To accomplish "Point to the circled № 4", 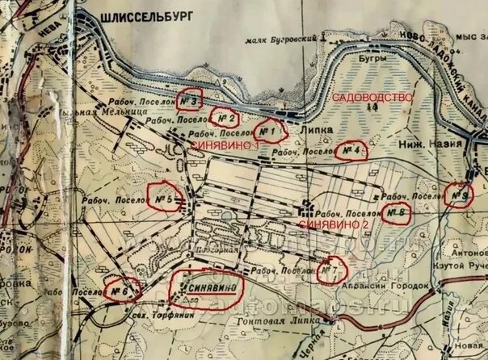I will pos(350,151).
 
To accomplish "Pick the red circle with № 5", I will pos(165,198).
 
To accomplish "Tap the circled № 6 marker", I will pos(121,289).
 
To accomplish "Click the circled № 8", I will pos(395,212).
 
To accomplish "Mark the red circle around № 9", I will pos(458,194).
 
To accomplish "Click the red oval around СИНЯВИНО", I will pos(210,287).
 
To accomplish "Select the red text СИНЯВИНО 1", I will pos(225,145).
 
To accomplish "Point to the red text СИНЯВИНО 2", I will pos(334,223).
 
